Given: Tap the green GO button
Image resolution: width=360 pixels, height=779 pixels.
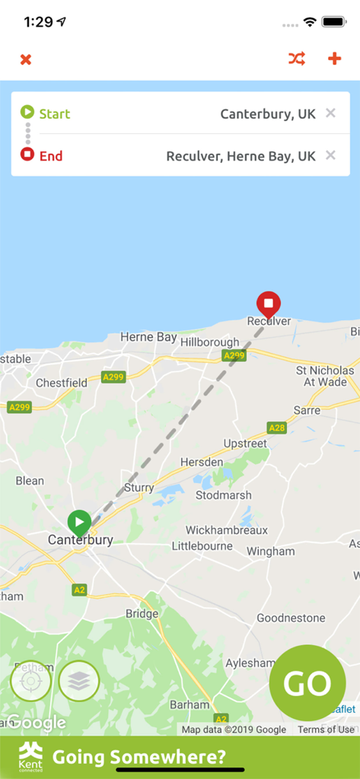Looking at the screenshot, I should [x=307, y=682].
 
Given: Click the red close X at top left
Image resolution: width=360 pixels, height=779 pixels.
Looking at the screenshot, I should [x=26, y=59].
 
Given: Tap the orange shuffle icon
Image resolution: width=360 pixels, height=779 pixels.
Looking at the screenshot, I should [x=296, y=59].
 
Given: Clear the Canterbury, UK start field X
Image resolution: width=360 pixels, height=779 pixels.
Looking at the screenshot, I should [x=330, y=113].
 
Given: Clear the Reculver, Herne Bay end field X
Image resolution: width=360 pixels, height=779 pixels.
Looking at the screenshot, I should [x=330, y=155].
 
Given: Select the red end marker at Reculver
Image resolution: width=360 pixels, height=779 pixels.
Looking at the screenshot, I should [x=268, y=304].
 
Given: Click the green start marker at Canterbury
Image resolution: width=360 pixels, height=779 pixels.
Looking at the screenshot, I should [x=79, y=523].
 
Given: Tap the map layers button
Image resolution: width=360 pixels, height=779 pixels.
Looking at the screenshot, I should [x=79, y=680].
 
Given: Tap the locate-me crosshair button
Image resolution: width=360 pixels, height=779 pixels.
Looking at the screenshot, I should [x=31, y=680].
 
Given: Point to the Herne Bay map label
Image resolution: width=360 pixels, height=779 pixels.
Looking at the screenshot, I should [x=148, y=337].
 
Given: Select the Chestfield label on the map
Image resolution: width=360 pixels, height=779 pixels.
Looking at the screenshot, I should [x=62, y=383].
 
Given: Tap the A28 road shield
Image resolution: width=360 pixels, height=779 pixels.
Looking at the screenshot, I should [x=277, y=428].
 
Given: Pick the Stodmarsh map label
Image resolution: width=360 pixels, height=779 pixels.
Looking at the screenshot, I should [x=223, y=495].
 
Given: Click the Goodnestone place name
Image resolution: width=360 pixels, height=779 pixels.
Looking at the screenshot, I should [x=291, y=618].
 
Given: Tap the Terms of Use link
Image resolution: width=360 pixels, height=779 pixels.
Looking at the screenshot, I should [x=326, y=730].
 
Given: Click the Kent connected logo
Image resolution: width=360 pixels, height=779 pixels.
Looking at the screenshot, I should [x=31, y=757].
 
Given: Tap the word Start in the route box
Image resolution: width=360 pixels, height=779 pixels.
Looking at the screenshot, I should [x=55, y=114].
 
